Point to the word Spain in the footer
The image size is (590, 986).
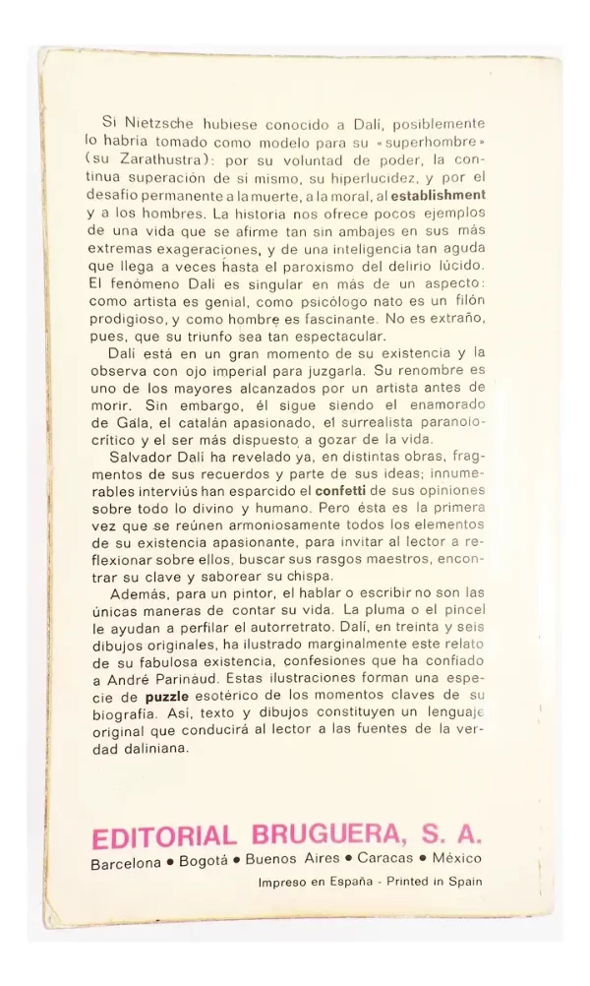coord(464,882)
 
